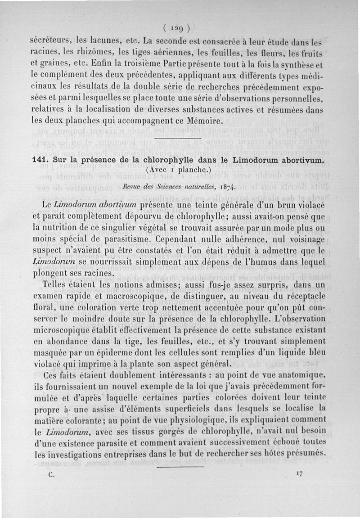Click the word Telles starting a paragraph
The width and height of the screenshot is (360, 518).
[55, 285]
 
